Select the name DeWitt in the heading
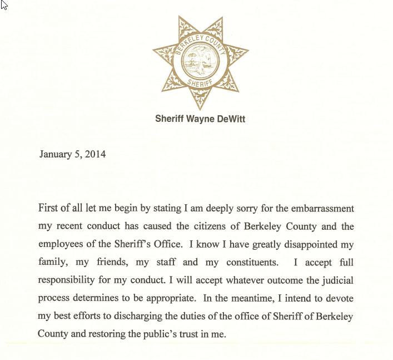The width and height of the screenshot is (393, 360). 230,119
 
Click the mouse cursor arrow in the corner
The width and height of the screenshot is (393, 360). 4,5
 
